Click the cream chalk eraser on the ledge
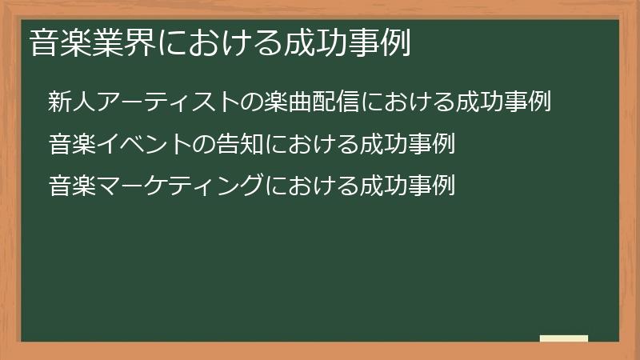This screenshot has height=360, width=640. pos(564,338)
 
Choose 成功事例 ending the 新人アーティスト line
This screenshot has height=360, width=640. pos(504,102)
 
